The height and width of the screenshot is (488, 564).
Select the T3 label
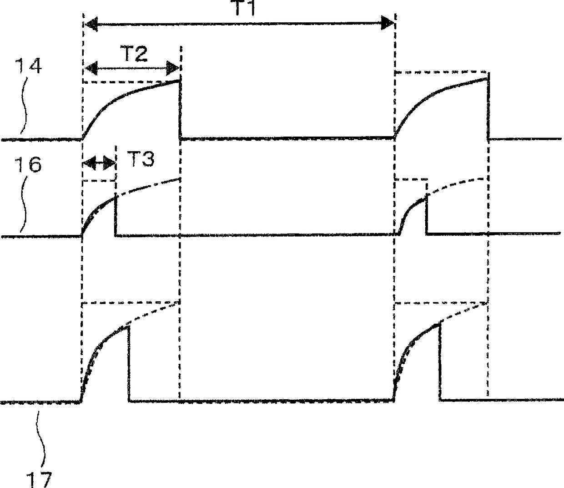click(x=140, y=159)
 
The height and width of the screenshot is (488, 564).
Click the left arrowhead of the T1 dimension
click(x=91, y=24)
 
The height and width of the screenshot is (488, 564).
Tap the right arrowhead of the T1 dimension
click(x=388, y=24)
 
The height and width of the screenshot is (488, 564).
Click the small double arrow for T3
click(x=99, y=162)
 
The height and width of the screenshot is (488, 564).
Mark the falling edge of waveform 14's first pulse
click(x=180, y=109)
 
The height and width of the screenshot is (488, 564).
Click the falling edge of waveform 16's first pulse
click(x=116, y=215)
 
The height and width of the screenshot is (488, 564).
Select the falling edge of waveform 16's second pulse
click(x=427, y=214)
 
